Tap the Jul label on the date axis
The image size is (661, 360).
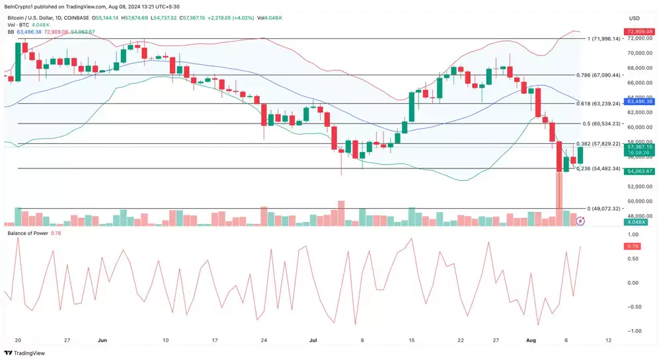(x=313, y=340)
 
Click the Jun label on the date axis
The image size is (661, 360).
(x=102, y=340)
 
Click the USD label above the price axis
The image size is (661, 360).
(x=634, y=18)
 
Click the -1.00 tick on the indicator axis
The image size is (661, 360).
(x=633, y=331)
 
